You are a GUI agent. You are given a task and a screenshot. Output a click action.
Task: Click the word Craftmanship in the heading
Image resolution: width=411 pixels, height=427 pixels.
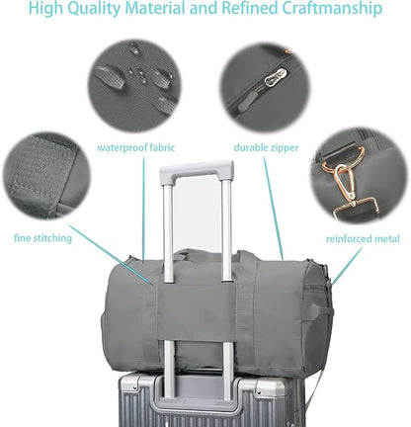pyautogui.click(x=331, y=8)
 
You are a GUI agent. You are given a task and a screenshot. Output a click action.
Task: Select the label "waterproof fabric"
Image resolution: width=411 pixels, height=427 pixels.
pyautogui.click(x=135, y=147)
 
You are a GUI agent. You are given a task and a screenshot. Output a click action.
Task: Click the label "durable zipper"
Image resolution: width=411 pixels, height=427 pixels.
pyautogui.click(x=266, y=147)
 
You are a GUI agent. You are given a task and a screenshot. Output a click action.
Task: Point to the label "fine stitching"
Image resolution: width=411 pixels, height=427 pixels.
pyautogui.click(x=42, y=238)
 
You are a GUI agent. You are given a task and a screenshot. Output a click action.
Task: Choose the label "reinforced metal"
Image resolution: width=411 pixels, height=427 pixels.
pyautogui.click(x=363, y=238)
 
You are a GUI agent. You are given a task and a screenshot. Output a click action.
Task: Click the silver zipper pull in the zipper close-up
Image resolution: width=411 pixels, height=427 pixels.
pyautogui.click(x=276, y=78)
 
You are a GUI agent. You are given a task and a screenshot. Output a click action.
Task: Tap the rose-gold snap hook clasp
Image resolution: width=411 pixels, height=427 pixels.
pyautogui.click(x=345, y=182)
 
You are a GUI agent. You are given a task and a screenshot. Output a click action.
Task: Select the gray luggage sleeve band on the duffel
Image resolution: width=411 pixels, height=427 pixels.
pyautogui.click(x=197, y=312)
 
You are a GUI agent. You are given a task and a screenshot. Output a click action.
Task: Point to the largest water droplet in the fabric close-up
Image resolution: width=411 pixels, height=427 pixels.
pyautogui.click(x=110, y=76)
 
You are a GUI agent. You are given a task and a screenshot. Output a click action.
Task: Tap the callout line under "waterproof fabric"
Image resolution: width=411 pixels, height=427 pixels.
pyautogui.click(x=143, y=208)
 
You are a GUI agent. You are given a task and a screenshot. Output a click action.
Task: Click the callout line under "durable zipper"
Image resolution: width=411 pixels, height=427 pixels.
pyautogui.click(x=274, y=209)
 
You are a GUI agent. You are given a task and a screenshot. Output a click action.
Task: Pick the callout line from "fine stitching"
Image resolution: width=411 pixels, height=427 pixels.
pyautogui.click(x=111, y=254)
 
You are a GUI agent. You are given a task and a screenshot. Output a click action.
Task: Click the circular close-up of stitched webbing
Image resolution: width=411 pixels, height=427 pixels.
pyautogui.click(x=46, y=176)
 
